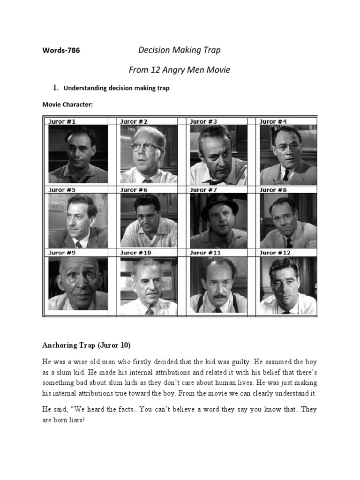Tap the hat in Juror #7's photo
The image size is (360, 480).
pyautogui.click(x=219, y=202)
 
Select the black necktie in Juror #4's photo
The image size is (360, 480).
pyautogui.click(x=286, y=174)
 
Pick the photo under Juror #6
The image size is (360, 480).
pyautogui.click(x=149, y=220)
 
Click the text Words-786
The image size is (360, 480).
pyautogui.click(x=61, y=51)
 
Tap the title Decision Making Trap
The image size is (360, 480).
pyautogui.click(x=179, y=50)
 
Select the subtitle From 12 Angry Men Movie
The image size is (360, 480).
pyautogui.click(x=180, y=70)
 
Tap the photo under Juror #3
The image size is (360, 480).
pyautogui.click(x=218, y=155)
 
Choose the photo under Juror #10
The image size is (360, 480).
pyautogui.click(x=149, y=285)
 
